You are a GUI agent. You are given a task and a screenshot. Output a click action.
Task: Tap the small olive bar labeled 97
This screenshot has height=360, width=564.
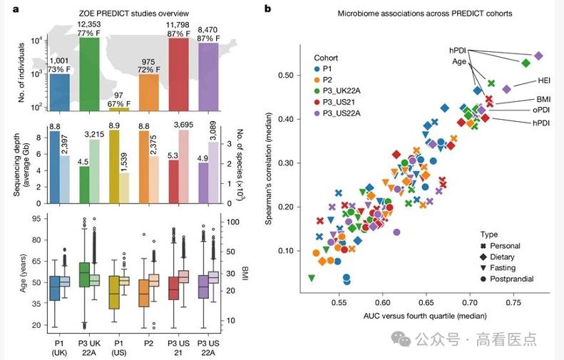coord(118,109)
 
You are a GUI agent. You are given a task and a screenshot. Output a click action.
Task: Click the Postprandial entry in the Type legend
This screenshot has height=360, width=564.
coord(506,279)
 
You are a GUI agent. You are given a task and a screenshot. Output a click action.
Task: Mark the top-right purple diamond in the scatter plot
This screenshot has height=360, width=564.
coord(538,56)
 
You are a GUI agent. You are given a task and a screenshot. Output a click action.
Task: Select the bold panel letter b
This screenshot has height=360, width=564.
coord(267,9)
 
